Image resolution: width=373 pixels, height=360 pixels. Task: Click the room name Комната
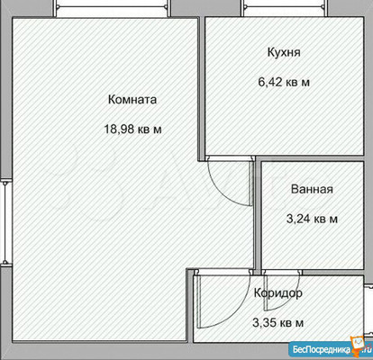click(132, 100)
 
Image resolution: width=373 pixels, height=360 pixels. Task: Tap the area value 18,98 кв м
click(133, 129)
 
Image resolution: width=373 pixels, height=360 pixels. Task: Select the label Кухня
click(284, 52)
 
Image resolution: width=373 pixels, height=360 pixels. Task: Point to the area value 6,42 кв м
click(284, 82)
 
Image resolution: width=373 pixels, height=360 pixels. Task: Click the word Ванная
click(313, 190)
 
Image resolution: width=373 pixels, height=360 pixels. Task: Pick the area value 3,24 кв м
click(313, 219)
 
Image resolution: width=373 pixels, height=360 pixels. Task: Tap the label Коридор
click(277, 293)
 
